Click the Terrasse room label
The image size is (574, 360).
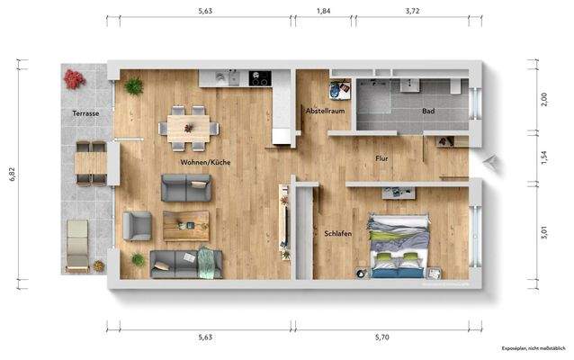[85, 113]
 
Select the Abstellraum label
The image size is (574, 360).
[326, 111]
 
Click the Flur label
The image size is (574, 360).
[381, 158]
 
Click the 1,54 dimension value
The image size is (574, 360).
[543, 157]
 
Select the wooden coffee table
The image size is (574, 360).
[186, 225]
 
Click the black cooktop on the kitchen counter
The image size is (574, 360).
[261, 77]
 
